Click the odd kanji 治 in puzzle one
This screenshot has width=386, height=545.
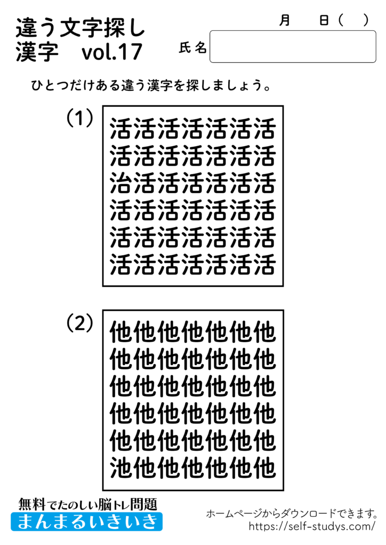(x=122, y=183)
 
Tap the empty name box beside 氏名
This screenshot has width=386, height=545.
(x=293, y=47)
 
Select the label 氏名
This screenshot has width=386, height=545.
(x=192, y=48)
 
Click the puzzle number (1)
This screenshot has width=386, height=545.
(x=80, y=118)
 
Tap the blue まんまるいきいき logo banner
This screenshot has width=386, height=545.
(x=87, y=522)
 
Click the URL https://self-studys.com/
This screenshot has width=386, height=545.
(x=312, y=526)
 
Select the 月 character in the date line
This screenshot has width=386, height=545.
(x=285, y=20)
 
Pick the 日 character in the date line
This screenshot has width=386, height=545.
(x=324, y=20)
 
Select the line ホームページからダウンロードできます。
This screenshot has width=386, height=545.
(x=292, y=514)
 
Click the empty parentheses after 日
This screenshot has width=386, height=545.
(x=353, y=20)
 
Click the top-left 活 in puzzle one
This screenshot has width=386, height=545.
(x=122, y=129)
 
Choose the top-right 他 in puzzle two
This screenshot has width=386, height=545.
(x=264, y=333)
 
